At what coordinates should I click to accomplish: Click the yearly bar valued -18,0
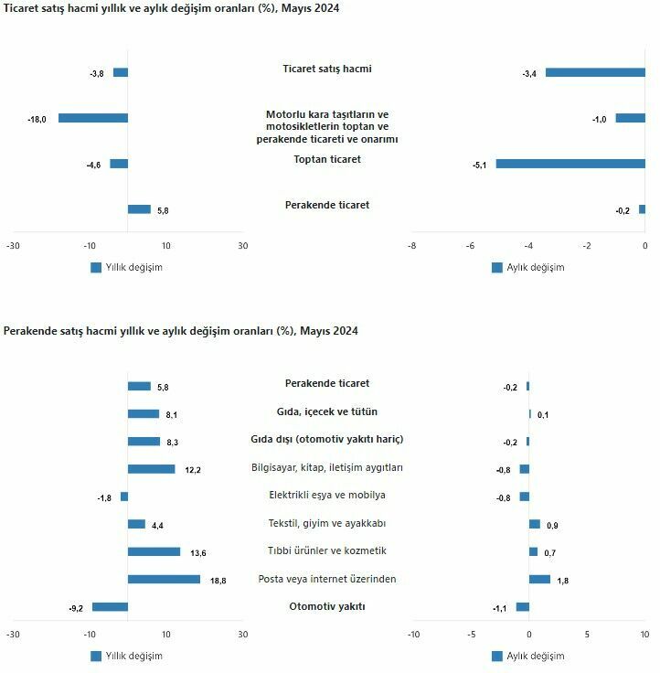[93, 118]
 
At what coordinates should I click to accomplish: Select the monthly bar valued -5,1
[570, 164]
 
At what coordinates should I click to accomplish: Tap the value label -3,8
[97, 73]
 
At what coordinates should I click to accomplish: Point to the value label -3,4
[529, 73]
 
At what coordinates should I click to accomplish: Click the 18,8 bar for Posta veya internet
[164, 579]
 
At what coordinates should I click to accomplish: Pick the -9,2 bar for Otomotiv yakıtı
[110, 607]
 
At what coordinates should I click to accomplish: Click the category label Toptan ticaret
[327, 159]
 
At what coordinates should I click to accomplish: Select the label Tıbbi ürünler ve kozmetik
[327, 550]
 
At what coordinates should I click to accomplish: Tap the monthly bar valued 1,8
[539, 579]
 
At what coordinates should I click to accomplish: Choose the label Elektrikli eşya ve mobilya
[327, 495]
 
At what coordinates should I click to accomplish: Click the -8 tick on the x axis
[411, 246]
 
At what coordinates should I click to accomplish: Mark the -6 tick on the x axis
[470, 246]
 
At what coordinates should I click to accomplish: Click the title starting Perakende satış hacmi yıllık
[181, 331]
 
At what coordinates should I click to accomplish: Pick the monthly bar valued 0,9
[535, 524]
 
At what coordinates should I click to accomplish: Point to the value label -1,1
[500, 608]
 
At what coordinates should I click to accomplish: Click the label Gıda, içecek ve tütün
[327, 411]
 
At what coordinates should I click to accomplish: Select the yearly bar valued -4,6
[119, 164]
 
